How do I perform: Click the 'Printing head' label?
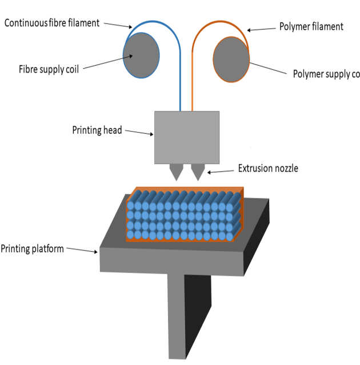97,130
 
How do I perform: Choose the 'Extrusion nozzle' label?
267,169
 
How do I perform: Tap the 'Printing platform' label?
32,248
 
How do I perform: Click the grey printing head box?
186,137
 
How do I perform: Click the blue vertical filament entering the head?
181,86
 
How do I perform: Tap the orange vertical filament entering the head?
193,86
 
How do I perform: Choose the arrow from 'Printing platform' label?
82,251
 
